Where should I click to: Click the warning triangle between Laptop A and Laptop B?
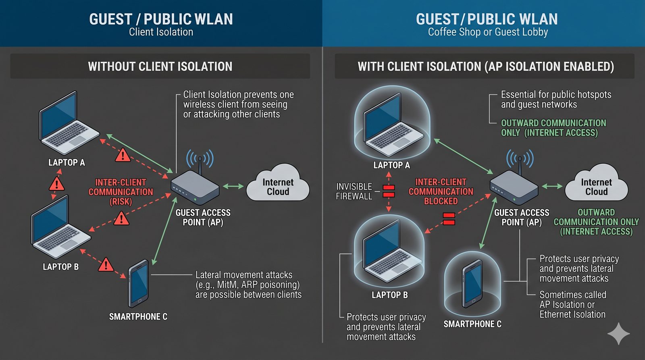pyautogui.click(x=56, y=184)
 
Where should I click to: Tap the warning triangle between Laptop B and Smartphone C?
pyautogui.click(x=106, y=265)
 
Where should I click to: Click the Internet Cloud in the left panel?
pyautogui.click(x=278, y=185)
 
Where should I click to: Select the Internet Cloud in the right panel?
pyautogui.click(x=596, y=185)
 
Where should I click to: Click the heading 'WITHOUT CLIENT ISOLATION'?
pyautogui.click(x=160, y=67)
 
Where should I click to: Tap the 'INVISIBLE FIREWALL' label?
pyautogui.click(x=354, y=191)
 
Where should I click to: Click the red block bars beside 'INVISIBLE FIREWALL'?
pyautogui.click(x=389, y=191)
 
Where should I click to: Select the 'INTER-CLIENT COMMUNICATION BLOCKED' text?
pyautogui.click(x=441, y=191)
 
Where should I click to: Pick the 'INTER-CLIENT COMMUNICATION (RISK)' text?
pyautogui.click(x=121, y=192)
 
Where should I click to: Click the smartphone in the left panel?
pyautogui.click(x=138, y=284)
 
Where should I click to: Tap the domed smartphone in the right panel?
pyautogui.click(x=472, y=283)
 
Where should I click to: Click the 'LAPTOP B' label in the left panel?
pyautogui.click(x=60, y=267)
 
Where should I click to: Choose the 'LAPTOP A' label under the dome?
pyautogui.click(x=391, y=165)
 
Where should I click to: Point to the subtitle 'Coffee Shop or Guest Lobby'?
pyautogui.click(x=488, y=32)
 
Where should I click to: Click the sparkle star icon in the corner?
pyautogui.click(x=618, y=333)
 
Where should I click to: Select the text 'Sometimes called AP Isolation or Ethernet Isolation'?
pyautogui.click(x=572, y=305)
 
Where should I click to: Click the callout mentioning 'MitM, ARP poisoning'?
pyautogui.click(x=248, y=285)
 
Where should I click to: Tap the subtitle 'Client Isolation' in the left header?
pyautogui.click(x=161, y=32)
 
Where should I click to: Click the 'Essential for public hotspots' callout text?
pyautogui.click(x=556, y=100)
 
